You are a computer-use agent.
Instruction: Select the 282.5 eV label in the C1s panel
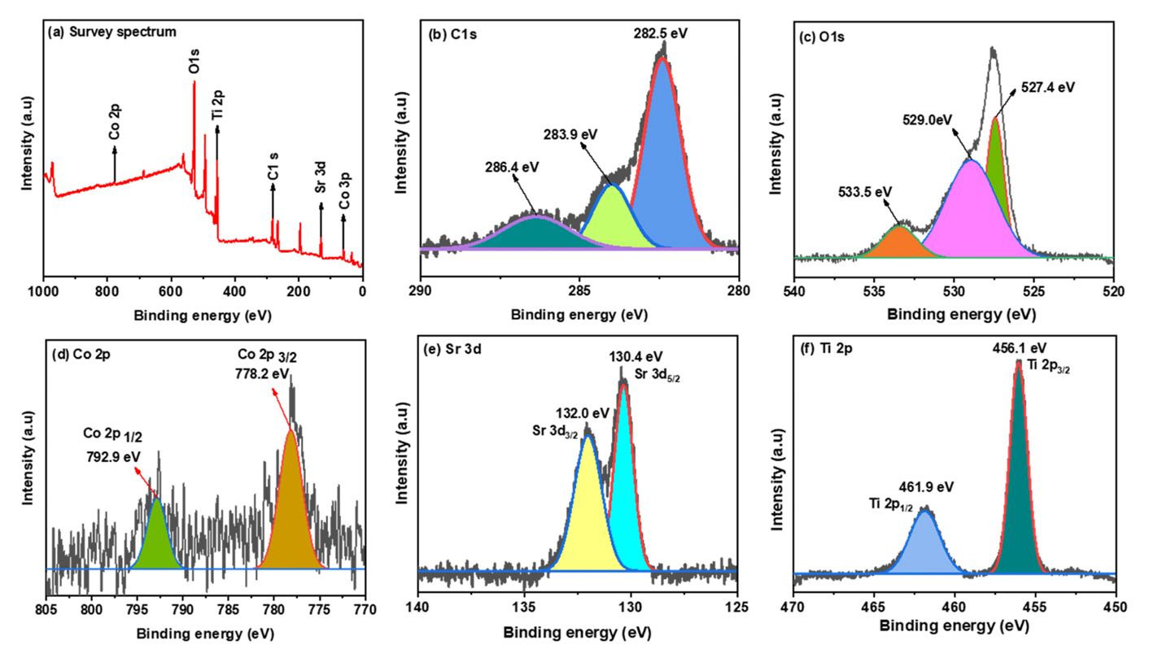point(665,33)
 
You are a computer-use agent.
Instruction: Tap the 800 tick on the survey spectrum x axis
point(107,290)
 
